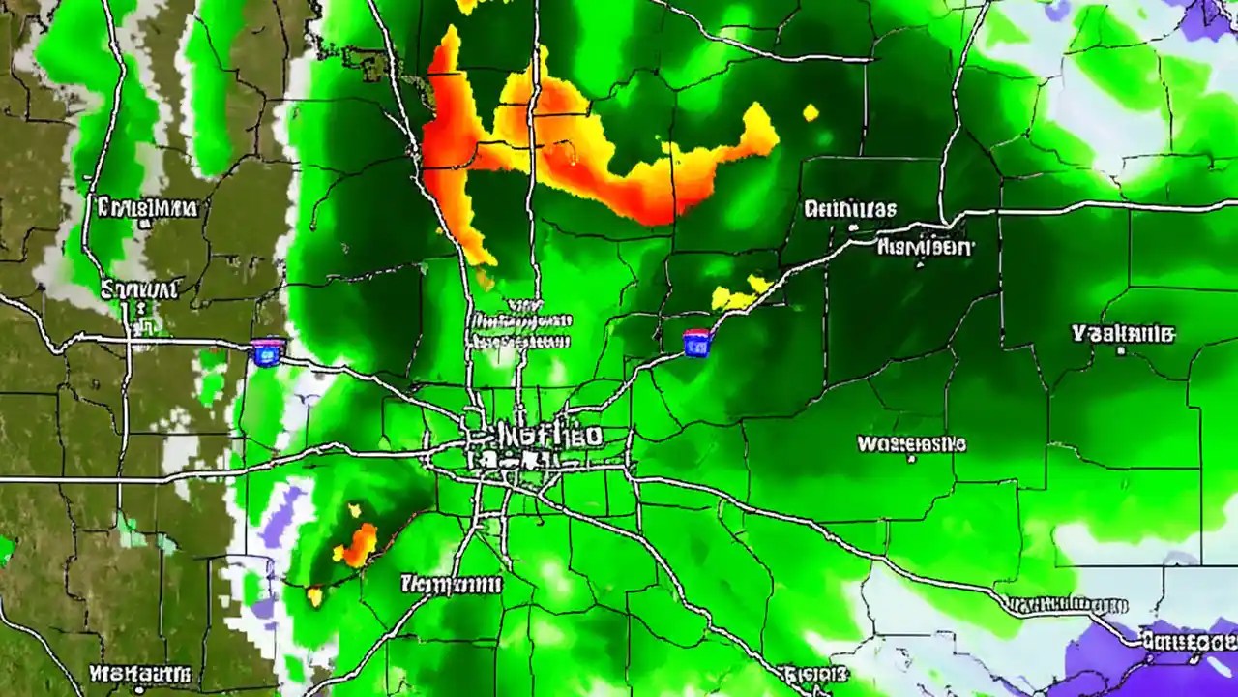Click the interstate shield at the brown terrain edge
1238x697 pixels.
267,351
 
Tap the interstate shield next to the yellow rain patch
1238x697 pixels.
696,343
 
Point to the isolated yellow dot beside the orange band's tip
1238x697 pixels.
811,113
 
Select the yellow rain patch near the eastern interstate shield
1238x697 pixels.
741,292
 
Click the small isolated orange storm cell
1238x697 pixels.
360,545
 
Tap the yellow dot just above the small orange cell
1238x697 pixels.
354,510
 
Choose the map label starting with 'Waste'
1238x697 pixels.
911,444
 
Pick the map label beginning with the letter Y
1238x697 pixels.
1124,335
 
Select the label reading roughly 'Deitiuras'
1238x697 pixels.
850,209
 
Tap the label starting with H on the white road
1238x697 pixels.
924,247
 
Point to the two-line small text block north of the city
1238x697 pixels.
520,329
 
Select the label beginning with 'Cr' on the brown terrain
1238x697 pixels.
147,207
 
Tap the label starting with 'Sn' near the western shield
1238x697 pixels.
139,289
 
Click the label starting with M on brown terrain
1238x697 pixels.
139,673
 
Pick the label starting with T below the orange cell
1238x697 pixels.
452,584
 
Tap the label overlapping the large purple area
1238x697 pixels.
1188,641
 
